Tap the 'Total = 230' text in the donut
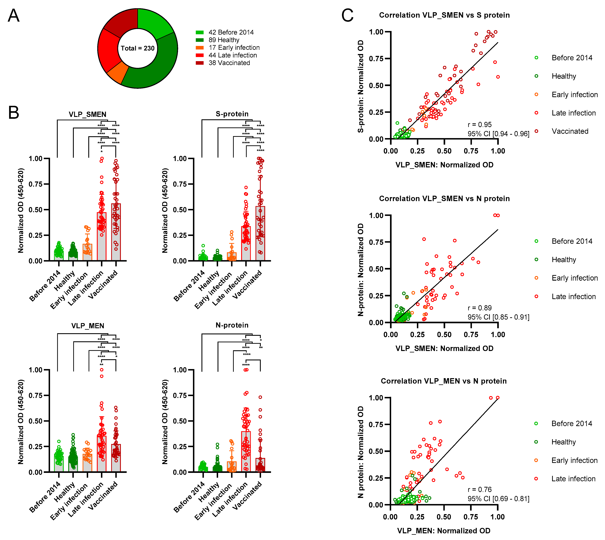138,48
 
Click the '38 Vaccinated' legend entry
229,63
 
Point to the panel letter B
14,113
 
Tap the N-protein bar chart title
232,325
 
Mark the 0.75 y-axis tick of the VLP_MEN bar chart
36,396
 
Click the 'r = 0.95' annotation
480,125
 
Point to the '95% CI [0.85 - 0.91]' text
498,317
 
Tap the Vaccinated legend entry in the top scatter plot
570,131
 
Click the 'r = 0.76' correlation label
480,490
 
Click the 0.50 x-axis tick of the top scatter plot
444,151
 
